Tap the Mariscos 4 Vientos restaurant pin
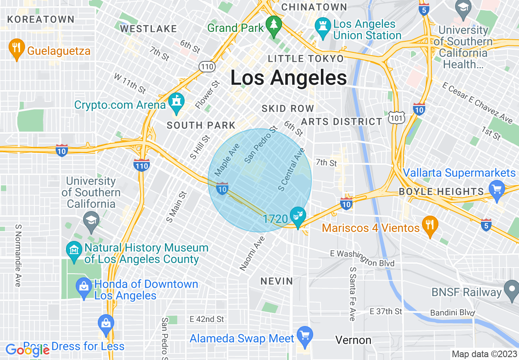tap(430, 225)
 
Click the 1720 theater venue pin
tap(298, 216)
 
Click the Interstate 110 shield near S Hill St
tap(141, 165)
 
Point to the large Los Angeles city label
tap(289, 78)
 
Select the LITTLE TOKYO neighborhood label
tap(305, 59)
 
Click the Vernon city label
tap(353, 340)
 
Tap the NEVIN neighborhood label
tap(277, 281)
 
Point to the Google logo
tap(28, 350)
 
